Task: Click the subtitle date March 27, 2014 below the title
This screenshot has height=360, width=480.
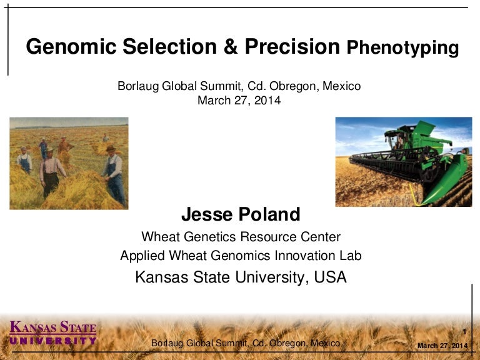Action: click(239, 100)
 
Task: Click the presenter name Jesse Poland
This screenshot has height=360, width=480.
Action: click(241, 215)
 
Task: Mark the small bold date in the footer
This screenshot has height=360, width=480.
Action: click(442, 346)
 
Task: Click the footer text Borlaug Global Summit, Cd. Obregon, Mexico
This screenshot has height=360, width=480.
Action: click(246, 343)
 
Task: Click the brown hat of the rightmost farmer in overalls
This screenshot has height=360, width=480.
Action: click(111, 149)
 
